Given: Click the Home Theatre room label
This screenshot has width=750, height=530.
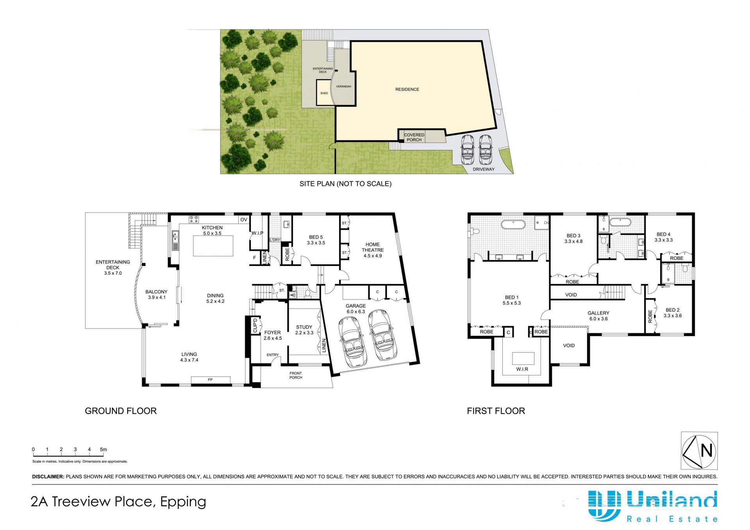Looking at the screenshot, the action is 373,250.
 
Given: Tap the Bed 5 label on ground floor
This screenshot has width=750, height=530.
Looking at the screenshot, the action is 316,240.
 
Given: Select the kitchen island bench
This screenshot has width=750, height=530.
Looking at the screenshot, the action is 213,246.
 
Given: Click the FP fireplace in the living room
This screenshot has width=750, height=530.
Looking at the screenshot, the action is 211,380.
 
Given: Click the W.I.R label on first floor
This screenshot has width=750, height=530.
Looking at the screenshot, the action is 522,369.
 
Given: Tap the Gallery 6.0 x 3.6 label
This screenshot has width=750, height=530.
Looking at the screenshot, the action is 598,316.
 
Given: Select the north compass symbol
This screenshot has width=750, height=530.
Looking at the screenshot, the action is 699,451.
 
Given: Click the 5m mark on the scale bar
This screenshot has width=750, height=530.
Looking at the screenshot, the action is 103,450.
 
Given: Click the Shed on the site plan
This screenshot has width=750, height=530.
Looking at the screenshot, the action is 324,93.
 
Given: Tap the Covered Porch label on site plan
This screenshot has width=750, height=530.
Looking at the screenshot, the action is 414,137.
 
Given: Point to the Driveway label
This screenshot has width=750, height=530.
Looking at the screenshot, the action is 484,169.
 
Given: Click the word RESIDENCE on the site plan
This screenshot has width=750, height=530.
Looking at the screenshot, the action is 407,89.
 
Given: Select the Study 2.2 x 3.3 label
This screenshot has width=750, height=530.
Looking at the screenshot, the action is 304,330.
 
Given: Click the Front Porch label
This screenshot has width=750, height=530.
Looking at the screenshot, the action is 296,375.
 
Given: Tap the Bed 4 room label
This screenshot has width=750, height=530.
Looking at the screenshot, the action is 664,237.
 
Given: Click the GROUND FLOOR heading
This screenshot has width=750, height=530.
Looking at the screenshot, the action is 121,411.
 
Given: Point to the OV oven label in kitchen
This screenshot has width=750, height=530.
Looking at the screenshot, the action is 244,219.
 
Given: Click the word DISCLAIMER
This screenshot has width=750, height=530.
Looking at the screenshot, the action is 48,476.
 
